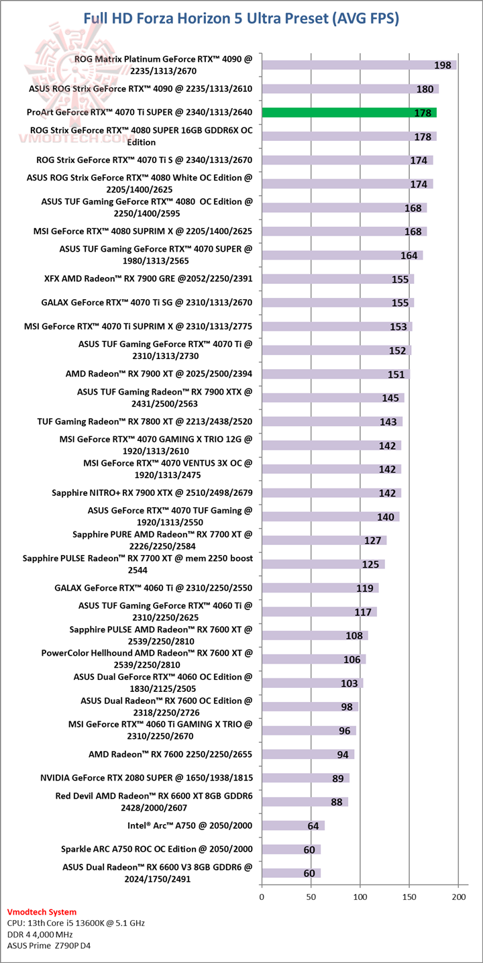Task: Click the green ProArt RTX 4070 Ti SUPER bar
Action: coord(349,113)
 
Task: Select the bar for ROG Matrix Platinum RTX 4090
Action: coord(359,65)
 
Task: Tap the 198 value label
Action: coord(442,66)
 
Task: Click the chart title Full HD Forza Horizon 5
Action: coord(241,18)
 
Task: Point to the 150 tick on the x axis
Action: coord(410,897)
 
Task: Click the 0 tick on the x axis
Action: coord(262,897)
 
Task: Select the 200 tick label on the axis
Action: coord(459,897)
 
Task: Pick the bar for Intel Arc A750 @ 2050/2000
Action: coord(293,825)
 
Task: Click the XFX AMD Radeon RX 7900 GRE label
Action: coord(148,278)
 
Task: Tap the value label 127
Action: coord(372,541)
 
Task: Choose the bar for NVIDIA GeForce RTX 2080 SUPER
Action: coord(305,778)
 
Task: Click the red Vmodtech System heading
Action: coord(42,912)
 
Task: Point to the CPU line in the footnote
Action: coord(76,923)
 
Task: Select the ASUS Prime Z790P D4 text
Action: coord(49,946)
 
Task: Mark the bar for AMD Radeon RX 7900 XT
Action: coord(335,374)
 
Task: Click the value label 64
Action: coord(313,826)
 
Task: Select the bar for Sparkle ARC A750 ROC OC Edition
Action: coord(291,849)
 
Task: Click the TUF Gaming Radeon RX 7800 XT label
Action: coord(144,421)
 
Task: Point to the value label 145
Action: coord(390,399)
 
